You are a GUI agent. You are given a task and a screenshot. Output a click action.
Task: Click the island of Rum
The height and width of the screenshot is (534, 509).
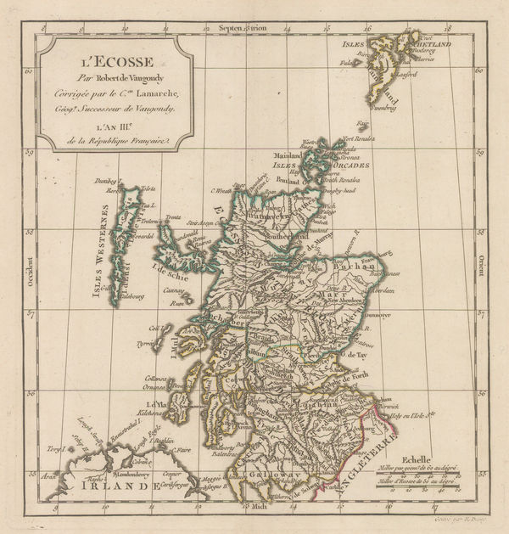point(177,302)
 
